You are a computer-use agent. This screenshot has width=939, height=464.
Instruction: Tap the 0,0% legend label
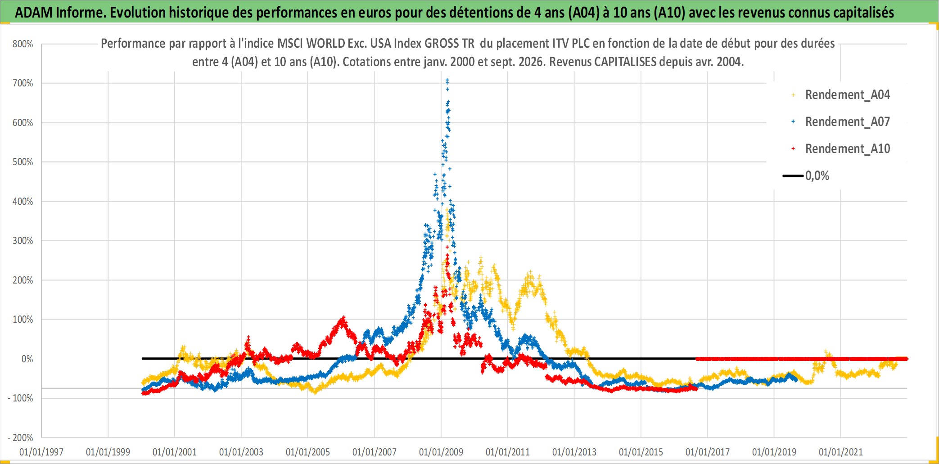[817, 176]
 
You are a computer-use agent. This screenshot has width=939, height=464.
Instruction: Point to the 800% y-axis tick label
[23, 44]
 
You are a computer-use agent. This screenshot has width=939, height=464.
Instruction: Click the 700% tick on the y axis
[23, 83]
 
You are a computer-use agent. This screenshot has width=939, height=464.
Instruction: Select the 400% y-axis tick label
[23, 202]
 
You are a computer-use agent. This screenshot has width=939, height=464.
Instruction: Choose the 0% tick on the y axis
[27, 359]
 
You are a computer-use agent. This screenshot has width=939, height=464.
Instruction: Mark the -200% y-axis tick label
[21, 438]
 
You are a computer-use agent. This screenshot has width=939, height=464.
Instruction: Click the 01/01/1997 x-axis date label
[41, 452]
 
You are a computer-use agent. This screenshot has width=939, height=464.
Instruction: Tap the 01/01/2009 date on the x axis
[441, 452]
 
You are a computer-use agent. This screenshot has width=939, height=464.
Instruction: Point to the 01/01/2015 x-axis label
[641, 452]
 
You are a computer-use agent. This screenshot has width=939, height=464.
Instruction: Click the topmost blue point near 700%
[447, 80]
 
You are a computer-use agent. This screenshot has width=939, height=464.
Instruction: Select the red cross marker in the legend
[793, 149]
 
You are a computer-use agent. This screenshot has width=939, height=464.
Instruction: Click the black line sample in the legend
[793, 176]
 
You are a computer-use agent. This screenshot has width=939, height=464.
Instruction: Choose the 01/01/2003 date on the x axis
[241, 452]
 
